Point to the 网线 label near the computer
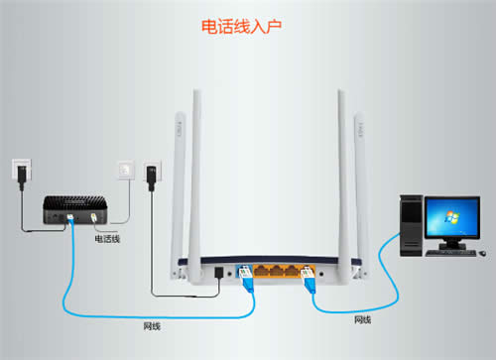[x=363, y=319]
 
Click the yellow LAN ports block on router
[x=279, y=269]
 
